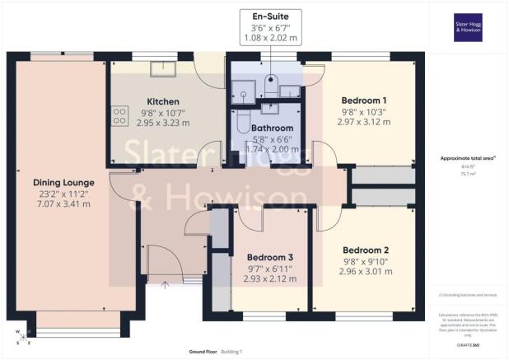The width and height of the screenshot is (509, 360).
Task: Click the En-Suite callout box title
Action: tap(270, 16)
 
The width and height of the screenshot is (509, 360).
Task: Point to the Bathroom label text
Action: tap(273, 129)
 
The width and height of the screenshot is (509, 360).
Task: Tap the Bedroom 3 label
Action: tap(270, 257)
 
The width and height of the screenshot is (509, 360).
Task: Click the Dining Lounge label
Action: tap(63, 182)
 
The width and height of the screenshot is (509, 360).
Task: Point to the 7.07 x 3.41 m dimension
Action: tap(63, 206)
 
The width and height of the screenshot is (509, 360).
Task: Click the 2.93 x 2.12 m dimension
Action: tap(270, 279)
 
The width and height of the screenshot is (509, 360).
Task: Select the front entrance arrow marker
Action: tap(165, 285)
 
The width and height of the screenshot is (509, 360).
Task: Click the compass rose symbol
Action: tap(21, 334)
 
